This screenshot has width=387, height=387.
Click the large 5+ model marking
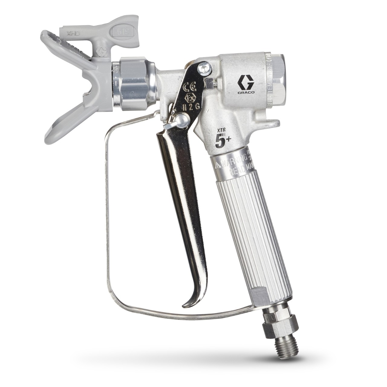[x=222, y=141]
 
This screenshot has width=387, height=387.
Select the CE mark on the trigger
[x=192, y=88]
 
